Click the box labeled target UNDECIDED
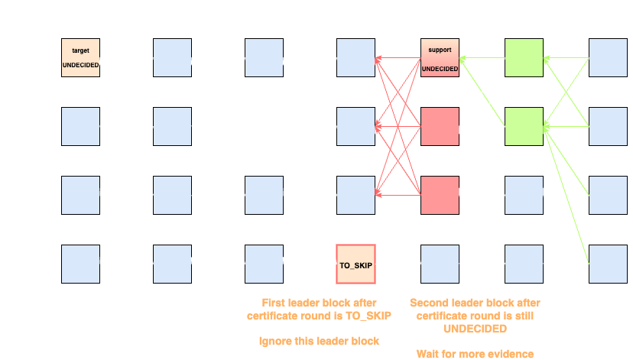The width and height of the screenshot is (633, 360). [80, 58]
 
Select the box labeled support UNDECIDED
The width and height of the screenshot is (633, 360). [440, 58]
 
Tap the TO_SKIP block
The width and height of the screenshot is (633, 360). [355, 264]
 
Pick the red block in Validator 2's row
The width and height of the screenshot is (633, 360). [440, 127]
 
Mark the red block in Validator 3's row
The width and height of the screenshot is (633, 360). [440, 196]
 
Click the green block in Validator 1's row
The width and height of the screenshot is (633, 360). [524, 58]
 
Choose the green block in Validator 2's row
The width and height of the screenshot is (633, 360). [524, 127]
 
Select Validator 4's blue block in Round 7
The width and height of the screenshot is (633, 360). [608, 264]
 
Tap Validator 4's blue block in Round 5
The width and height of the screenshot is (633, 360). [440, 264]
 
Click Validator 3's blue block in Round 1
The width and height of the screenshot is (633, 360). [80, 196]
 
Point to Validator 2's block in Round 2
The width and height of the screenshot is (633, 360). [172, 127]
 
